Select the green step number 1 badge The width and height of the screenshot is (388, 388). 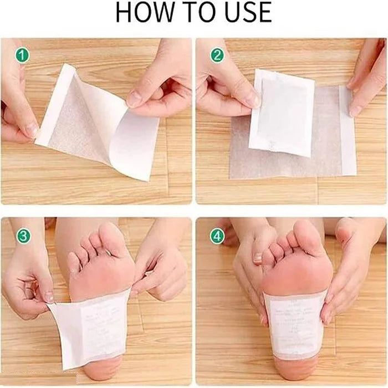coord(21,56)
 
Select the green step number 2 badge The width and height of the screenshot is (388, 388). coord(217,56)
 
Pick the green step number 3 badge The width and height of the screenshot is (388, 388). coord(23,236)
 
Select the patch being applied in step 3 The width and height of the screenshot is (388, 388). coord(91,327)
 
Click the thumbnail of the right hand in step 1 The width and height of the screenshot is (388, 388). coord(134,100)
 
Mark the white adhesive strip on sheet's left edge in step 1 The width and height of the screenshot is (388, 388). coord(53,105)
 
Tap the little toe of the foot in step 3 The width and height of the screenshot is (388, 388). coord(74,263)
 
